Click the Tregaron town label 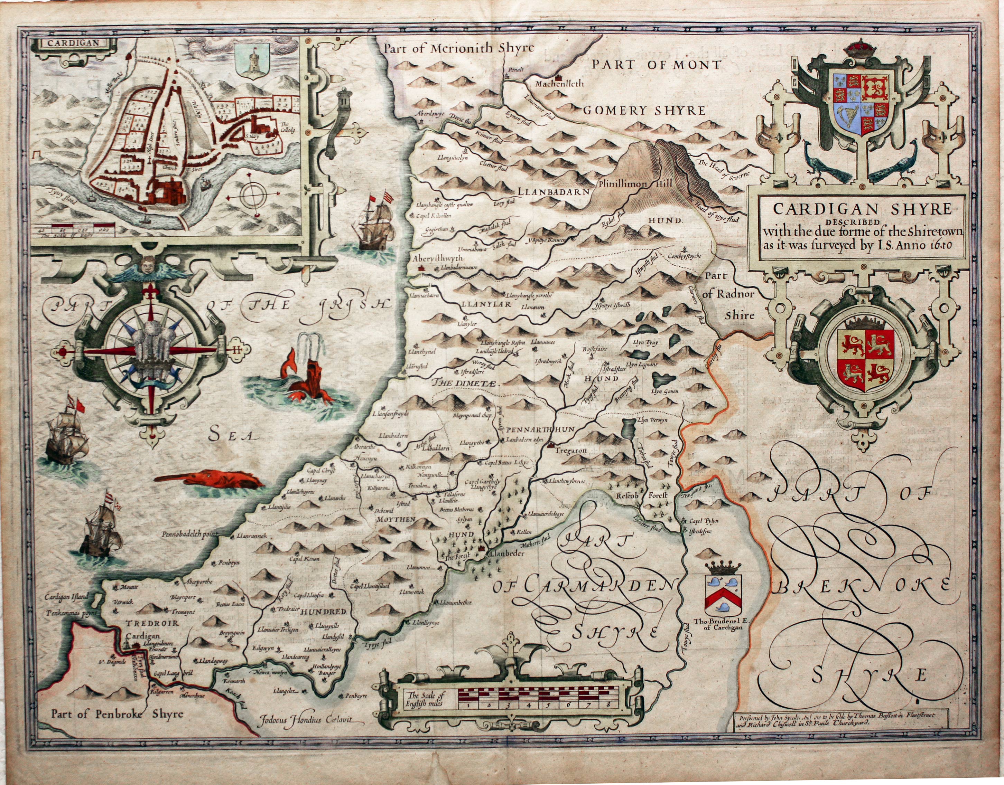click(x=571, y=451)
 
